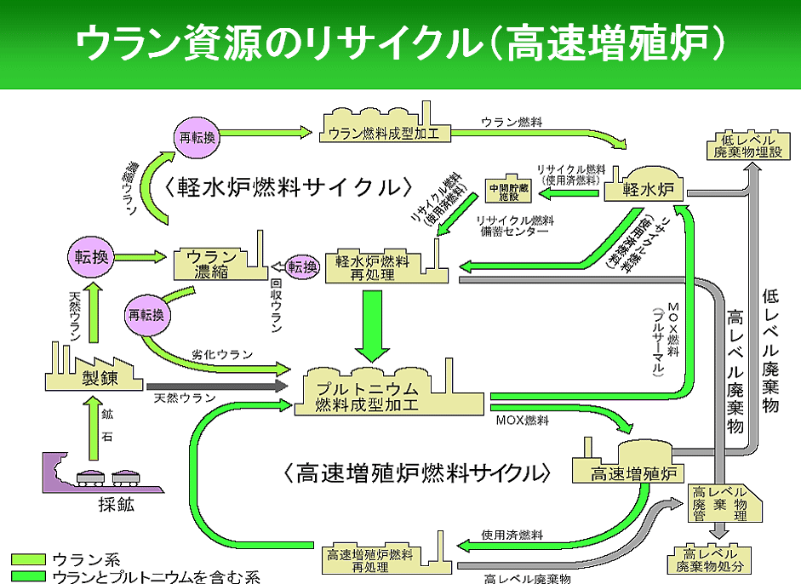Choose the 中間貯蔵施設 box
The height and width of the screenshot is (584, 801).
pos(508,190)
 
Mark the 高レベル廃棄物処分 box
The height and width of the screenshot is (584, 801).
pos(710,558)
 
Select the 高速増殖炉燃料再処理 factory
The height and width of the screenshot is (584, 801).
pos(370,559)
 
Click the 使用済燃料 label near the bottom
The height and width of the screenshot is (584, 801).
pos(512,535)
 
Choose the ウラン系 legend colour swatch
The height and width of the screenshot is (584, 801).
pos(27,559)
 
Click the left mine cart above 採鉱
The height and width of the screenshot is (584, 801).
pos(89,478)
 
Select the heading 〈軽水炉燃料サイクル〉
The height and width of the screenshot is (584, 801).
pos(289,187)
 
